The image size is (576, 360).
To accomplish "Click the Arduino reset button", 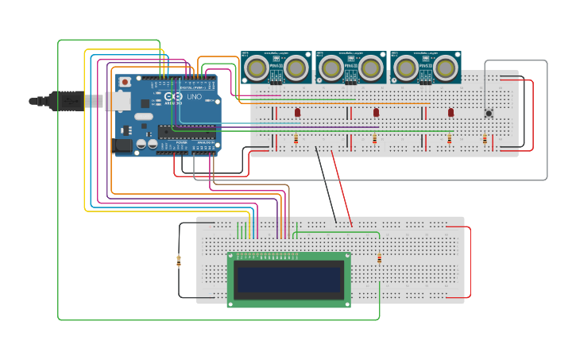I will click(x=125, y=82).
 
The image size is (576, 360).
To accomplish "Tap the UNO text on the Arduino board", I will click(x=194, y=96).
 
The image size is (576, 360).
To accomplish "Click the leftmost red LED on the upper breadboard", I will click(x=297, y=113).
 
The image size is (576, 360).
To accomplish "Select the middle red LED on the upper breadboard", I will click(x=377, y=113).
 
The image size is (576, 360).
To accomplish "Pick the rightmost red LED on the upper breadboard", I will click(x=450, y=113).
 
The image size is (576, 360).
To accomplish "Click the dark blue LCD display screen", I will click(x=289, y=280).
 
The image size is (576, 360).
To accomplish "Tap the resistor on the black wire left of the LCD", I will click(x=178, y=260).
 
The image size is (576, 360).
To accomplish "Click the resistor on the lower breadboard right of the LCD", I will click(x=379, y=258).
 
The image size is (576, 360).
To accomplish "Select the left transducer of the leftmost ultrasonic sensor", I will click(x=256, y=68).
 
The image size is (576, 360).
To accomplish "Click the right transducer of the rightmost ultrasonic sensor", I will click(x=446, y=68).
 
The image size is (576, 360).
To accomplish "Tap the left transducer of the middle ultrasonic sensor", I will click(x=331, y=68).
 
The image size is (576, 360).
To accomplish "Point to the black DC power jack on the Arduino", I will click(x=123, y=145).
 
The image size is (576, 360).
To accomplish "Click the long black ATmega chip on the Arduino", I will click(x=187, y=132).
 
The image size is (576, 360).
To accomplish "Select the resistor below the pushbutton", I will click(x=485, y=139).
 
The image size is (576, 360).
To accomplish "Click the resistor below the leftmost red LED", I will click(x=296, y=139).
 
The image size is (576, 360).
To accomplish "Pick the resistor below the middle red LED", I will click(x=374, y=139).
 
